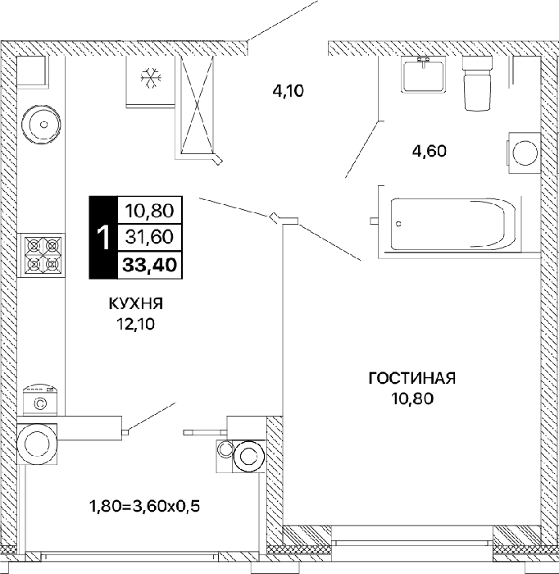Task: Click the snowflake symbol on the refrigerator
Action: (x=152, y=78)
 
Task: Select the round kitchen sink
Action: (x=41, y=125)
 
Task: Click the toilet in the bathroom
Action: (x=477, y=83)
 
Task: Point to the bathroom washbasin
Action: (x=424, y=75)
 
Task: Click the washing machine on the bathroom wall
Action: (x=524, y=153)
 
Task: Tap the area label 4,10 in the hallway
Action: (x=289, y=91)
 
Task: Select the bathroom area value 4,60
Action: (x=429, y=151)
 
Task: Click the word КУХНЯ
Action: (x=136, y=304)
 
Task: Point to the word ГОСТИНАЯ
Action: (x=412, y=378)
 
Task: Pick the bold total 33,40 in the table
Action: (x=150, y=265)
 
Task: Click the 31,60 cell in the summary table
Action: (x=150, y=237)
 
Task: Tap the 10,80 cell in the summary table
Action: (x=150, y=211)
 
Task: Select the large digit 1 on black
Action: (x=104, y=238)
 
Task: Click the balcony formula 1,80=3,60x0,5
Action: (x=145, y=507)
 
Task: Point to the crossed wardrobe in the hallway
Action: (x=198, y=105)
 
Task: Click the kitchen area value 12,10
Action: (x=136, y=324)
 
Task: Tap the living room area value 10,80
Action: (x=412, y=399)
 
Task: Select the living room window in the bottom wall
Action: (x=412, y=536)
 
